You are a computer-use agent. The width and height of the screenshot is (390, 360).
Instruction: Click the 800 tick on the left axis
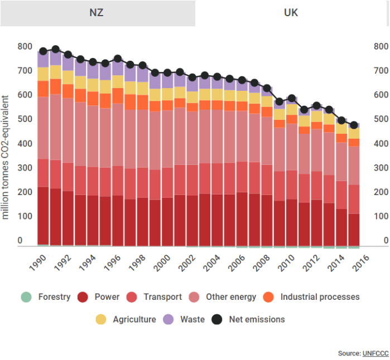click(x=25, y=46)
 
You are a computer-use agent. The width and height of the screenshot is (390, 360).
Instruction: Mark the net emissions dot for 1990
click(x=43, y=51)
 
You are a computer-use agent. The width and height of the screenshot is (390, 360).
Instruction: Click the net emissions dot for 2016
click(x=354, y=125)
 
